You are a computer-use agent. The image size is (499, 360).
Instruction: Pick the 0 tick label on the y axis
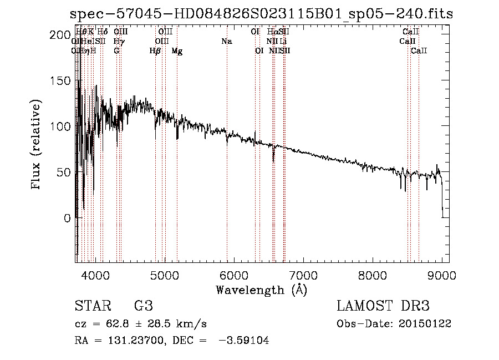[x=68, y=218]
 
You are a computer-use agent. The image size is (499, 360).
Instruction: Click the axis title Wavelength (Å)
[x=261, y=290]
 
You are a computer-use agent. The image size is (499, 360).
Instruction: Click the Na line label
[x=226, y=42]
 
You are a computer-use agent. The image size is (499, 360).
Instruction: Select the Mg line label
[x=177, y=51]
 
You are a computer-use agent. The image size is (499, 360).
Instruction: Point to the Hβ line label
[x=155, y=51]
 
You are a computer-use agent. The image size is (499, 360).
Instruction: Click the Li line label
[x=283, y=42]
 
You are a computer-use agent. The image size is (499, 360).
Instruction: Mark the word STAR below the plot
[x=90, y=306]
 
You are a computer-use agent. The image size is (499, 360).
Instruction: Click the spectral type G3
[x=143, y=306]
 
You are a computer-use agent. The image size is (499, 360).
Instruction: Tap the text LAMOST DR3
[x=383, y=306]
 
